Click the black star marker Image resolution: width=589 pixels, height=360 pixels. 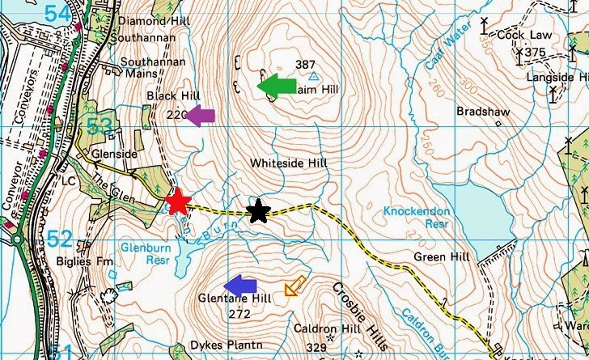258,211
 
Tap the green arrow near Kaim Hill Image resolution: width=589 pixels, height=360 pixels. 278,86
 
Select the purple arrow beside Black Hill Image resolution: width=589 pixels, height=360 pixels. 201,116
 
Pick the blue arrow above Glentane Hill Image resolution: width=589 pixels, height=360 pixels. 240,286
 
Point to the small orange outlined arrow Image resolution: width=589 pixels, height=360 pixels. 294,286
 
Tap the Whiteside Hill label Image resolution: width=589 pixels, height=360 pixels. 287,163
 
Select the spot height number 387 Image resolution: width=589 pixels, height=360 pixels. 305,65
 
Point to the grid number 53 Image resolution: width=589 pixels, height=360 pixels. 100,126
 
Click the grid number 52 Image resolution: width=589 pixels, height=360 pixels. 59,239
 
